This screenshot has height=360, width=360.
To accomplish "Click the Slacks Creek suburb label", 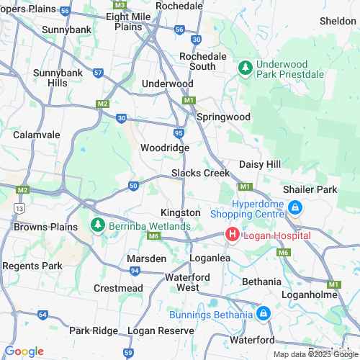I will pos(200,174).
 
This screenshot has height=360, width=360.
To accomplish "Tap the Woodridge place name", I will pos(165,148).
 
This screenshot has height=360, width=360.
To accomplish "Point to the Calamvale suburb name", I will pos(35,133).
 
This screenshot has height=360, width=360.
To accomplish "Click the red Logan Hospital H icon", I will pos(233,234).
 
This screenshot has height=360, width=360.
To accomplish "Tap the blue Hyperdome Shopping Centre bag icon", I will pos(294,209).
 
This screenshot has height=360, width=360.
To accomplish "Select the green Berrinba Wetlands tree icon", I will pos(97,225).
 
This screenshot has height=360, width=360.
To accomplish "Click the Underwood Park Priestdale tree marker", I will pos(245,67).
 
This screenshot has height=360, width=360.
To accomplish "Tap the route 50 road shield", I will pos(133,186).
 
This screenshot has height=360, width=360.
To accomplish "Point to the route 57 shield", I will pos(98,73).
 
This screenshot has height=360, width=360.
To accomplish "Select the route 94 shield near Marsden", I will pos(135,271).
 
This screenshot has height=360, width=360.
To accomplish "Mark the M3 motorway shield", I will pos(120,4).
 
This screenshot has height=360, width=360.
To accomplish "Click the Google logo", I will pos(24,351).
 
